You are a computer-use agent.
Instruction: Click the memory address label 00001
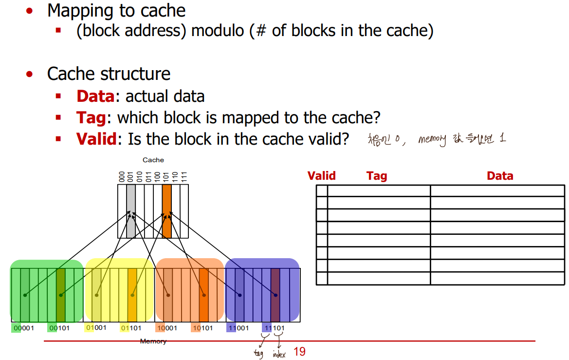click(23, 328)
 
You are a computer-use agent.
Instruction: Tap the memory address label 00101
click(59, 328)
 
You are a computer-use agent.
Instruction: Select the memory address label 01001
click(95, 327)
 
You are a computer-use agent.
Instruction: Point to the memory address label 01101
click(131, 328)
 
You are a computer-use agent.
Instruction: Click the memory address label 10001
click(167, 328)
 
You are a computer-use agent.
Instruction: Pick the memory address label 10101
click(202, 328)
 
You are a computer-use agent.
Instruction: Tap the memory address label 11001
click(239, 328)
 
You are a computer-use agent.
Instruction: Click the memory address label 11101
click(274, 328)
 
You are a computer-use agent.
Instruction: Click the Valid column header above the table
click(321, 176)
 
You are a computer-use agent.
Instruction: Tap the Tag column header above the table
click(377, 176)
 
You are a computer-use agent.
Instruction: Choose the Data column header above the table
click(500, 176)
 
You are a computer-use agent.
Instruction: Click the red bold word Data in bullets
click(95, 96)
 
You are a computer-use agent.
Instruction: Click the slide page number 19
click(300, 351)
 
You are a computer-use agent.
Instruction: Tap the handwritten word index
click(279, 354)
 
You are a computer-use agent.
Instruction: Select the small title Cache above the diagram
click(153, 160)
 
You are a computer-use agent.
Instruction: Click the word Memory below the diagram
click(153, 341)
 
